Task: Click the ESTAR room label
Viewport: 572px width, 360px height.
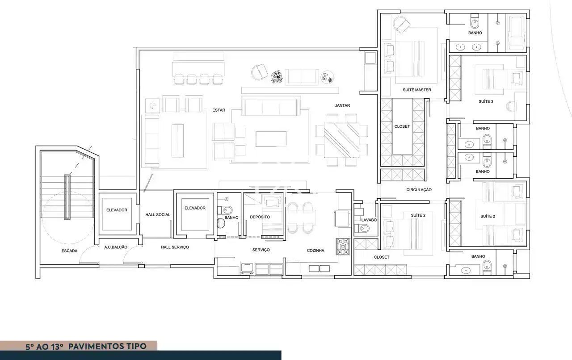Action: tap(219, 110)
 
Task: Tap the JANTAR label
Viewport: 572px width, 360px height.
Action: tap(342, 105)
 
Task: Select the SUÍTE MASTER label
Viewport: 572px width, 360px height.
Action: tap(417, 90)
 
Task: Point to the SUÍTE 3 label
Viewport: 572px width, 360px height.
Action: tap(486, 102)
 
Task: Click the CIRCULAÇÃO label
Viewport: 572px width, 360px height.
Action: tap(419, 190)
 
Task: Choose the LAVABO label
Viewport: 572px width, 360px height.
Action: tap(369, 220)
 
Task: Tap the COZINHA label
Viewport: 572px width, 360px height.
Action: tap(315, 251)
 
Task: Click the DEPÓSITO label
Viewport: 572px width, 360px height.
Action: tap(260, 217)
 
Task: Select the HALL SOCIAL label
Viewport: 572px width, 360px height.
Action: tap(158, 215)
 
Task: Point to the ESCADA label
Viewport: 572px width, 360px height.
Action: tap(69, 251)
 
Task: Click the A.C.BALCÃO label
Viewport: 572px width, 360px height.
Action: tap(116, 247)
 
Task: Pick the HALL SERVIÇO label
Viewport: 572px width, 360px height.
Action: tap(175, 247)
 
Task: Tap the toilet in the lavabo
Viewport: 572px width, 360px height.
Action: tap(362, 229)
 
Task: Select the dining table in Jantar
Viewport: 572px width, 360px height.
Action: tap(342, 140)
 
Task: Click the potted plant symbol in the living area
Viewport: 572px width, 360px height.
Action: tap(277, 77)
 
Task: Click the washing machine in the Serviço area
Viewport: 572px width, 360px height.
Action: tap(247, 268)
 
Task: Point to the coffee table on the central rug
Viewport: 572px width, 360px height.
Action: tap(271, 139)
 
